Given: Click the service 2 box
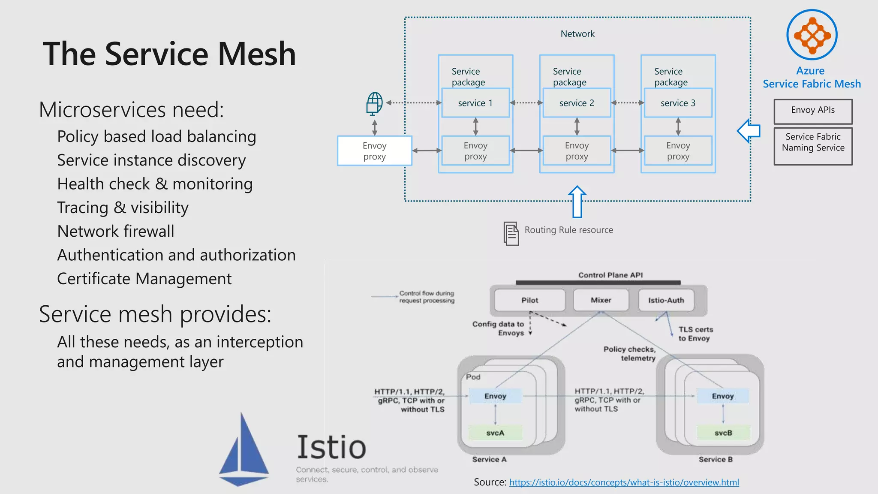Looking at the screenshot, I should point(577,103).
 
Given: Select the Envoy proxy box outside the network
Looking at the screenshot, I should point(374,151).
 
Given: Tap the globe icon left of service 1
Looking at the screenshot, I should point(374,103).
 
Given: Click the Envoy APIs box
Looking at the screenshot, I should point(813,111).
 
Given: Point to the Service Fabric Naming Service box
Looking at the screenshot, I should point(813,146).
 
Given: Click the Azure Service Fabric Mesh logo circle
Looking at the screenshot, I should point(812,35).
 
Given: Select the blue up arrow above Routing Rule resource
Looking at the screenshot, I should point(577,202).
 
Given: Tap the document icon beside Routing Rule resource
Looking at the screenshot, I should point(511,234).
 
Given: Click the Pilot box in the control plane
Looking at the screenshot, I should point(529,300).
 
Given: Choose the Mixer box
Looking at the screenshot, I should point(601,300).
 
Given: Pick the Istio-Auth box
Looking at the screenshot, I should point(666,300).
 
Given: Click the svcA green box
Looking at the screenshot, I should point(495,433).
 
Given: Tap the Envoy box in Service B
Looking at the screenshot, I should point(723,396).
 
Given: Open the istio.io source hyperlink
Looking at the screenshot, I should point(624,482).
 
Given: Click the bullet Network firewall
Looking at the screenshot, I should point(116,232).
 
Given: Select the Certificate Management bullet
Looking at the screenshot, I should point(144,279).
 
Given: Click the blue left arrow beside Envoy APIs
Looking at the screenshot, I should point(749,131).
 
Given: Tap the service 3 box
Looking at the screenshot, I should point(678,103).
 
